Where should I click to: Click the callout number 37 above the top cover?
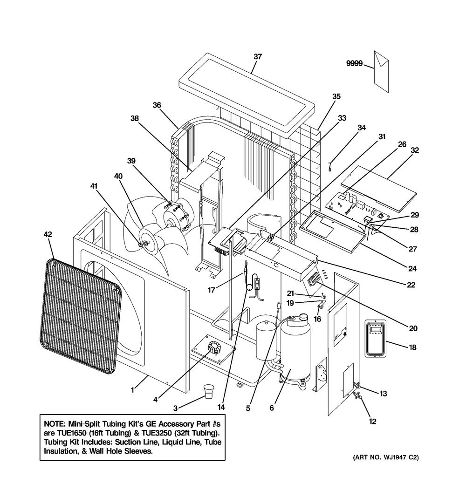(x=258, y=56)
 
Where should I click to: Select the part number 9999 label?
(x=354, y=64)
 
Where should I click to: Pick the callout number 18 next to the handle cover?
(x=412, y=347)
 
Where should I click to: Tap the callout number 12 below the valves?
(x=372, y=422)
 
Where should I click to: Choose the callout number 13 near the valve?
(x=383, y=394)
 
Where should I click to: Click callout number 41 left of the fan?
(x=95, y=186)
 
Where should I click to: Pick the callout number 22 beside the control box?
(x=411, y=285)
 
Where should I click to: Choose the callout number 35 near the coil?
(x=336, y=97)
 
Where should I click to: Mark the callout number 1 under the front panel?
(x=132, y=390)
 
